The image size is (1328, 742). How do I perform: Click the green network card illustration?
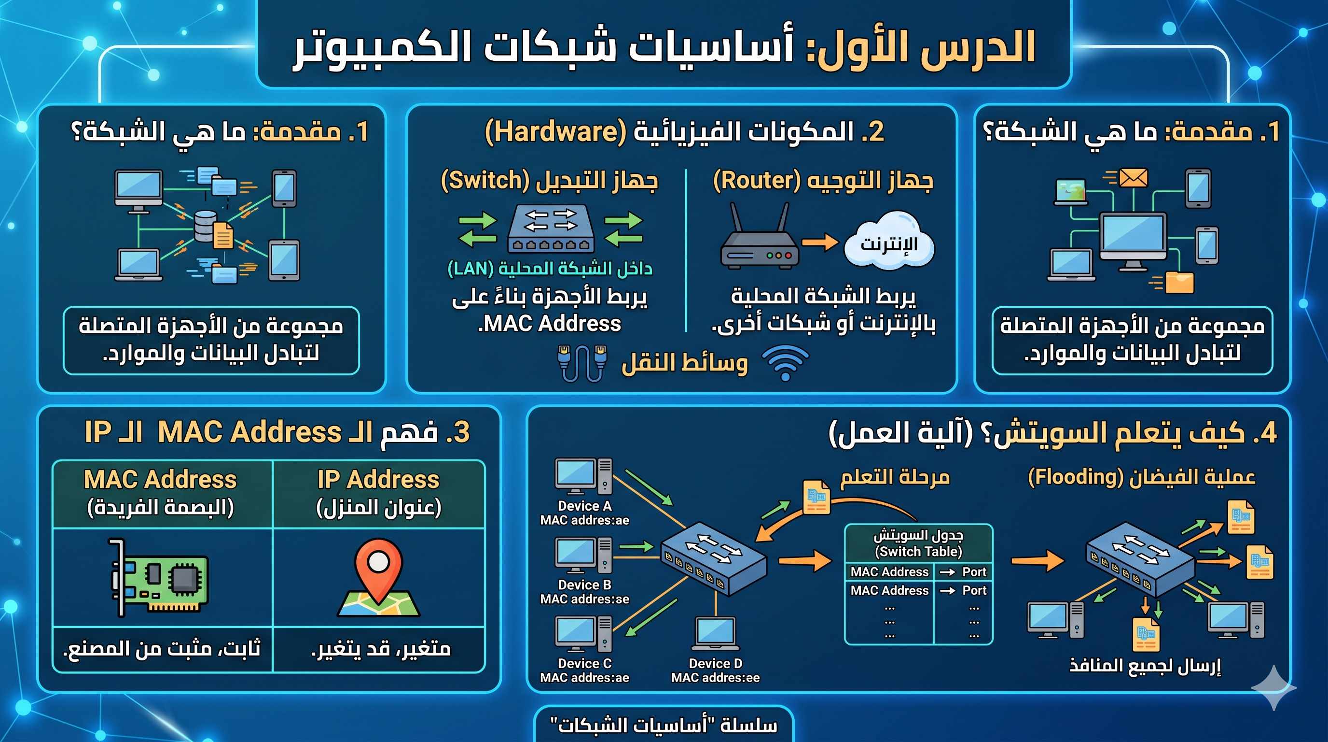pos(159,578)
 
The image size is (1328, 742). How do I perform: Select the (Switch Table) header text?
pos(919,552)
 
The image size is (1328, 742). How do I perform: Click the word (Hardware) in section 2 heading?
pos(555,131)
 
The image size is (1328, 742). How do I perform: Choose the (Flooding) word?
pos(1076,477)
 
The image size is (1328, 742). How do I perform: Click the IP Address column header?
pos(378,492)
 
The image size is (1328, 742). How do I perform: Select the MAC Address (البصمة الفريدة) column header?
pos(160,492)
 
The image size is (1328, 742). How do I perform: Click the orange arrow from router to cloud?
pos(820,242)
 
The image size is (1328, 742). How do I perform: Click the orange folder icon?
pos(1179,282)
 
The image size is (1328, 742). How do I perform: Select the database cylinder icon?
pos(206,226)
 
